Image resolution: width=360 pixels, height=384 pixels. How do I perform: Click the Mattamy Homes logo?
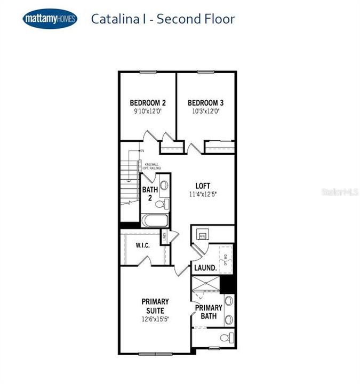click(50, 19)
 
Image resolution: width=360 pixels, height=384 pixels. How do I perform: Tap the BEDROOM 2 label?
click(148, 102)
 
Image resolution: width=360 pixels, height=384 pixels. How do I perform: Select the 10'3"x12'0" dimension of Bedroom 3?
click(205, 111)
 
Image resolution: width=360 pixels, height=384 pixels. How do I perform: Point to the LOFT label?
click(203, 186)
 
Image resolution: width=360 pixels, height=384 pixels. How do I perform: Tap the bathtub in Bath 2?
click(155, 220)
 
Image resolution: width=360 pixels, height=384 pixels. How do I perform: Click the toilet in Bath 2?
click(165, 203)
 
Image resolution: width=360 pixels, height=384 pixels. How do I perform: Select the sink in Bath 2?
click(164, 186)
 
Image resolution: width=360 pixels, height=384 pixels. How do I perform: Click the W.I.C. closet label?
click(142, 246)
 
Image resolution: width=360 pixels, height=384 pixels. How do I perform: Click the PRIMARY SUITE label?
click(155, 306)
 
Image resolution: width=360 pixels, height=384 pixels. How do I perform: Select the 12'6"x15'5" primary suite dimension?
click(155, 319)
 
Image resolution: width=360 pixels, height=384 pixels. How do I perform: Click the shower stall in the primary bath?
click(206, 286)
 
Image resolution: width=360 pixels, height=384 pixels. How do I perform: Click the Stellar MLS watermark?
click(339, 191)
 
